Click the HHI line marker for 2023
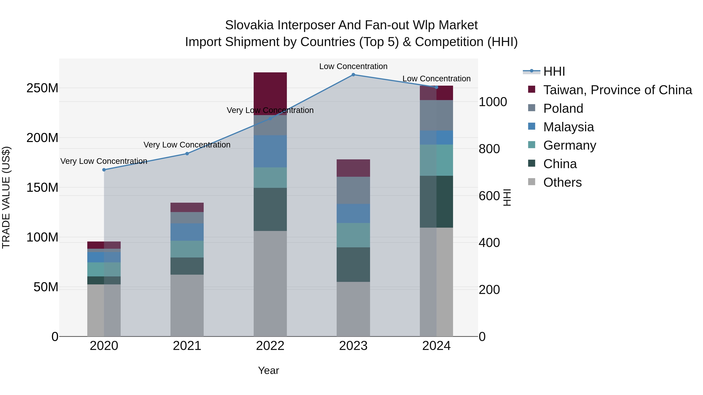(353, 75)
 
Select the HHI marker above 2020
(104, 170)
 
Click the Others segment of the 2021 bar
(187, 305)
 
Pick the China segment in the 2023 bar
(353, 265)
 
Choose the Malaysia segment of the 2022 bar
(270, 151)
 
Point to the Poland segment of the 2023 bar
(353, 190)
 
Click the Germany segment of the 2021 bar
(187, 249)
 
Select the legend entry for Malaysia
(568, 127)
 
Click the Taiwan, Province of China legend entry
(617, 90)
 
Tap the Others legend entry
(562, 182)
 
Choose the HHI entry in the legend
(554, 71)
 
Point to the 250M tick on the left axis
(42, 88)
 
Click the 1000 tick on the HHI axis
(493, 102)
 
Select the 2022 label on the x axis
(270, 346)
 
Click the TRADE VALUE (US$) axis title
(6, 197)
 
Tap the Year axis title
(269, 370)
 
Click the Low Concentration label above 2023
(353, 66)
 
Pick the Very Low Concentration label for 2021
(187, 145)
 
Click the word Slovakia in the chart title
(249, 25)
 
